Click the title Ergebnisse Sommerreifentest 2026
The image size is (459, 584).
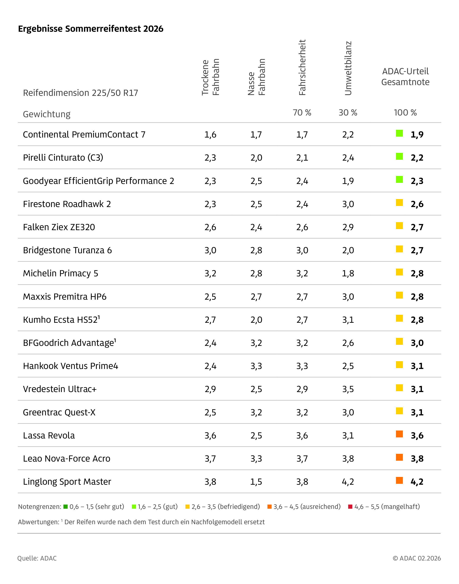[90, 29]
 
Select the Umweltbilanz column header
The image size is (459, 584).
[348, 68]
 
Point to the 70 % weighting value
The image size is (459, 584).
[302, 113]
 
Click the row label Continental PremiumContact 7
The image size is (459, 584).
[84, 134]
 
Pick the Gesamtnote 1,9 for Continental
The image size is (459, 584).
[417, 134]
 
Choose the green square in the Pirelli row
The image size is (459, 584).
[399, 156]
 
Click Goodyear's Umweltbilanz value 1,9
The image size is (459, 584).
[348, 181]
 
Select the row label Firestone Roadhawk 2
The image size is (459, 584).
[67, 204]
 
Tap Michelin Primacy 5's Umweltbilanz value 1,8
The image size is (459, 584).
[348, 273]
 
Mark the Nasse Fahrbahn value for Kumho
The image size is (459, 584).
[256, 320]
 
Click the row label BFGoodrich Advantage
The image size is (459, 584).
[69, 343]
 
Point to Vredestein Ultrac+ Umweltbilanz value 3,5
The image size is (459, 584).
[348, 389]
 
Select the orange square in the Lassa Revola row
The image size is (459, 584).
[399, 434]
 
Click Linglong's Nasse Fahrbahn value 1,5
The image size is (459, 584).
[256, 482]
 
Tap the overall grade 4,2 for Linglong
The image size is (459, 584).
[417, 482]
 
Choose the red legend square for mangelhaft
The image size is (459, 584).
[350, 506]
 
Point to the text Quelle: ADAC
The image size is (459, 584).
[37, 558]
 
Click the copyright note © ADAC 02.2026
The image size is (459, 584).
[416, 558]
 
